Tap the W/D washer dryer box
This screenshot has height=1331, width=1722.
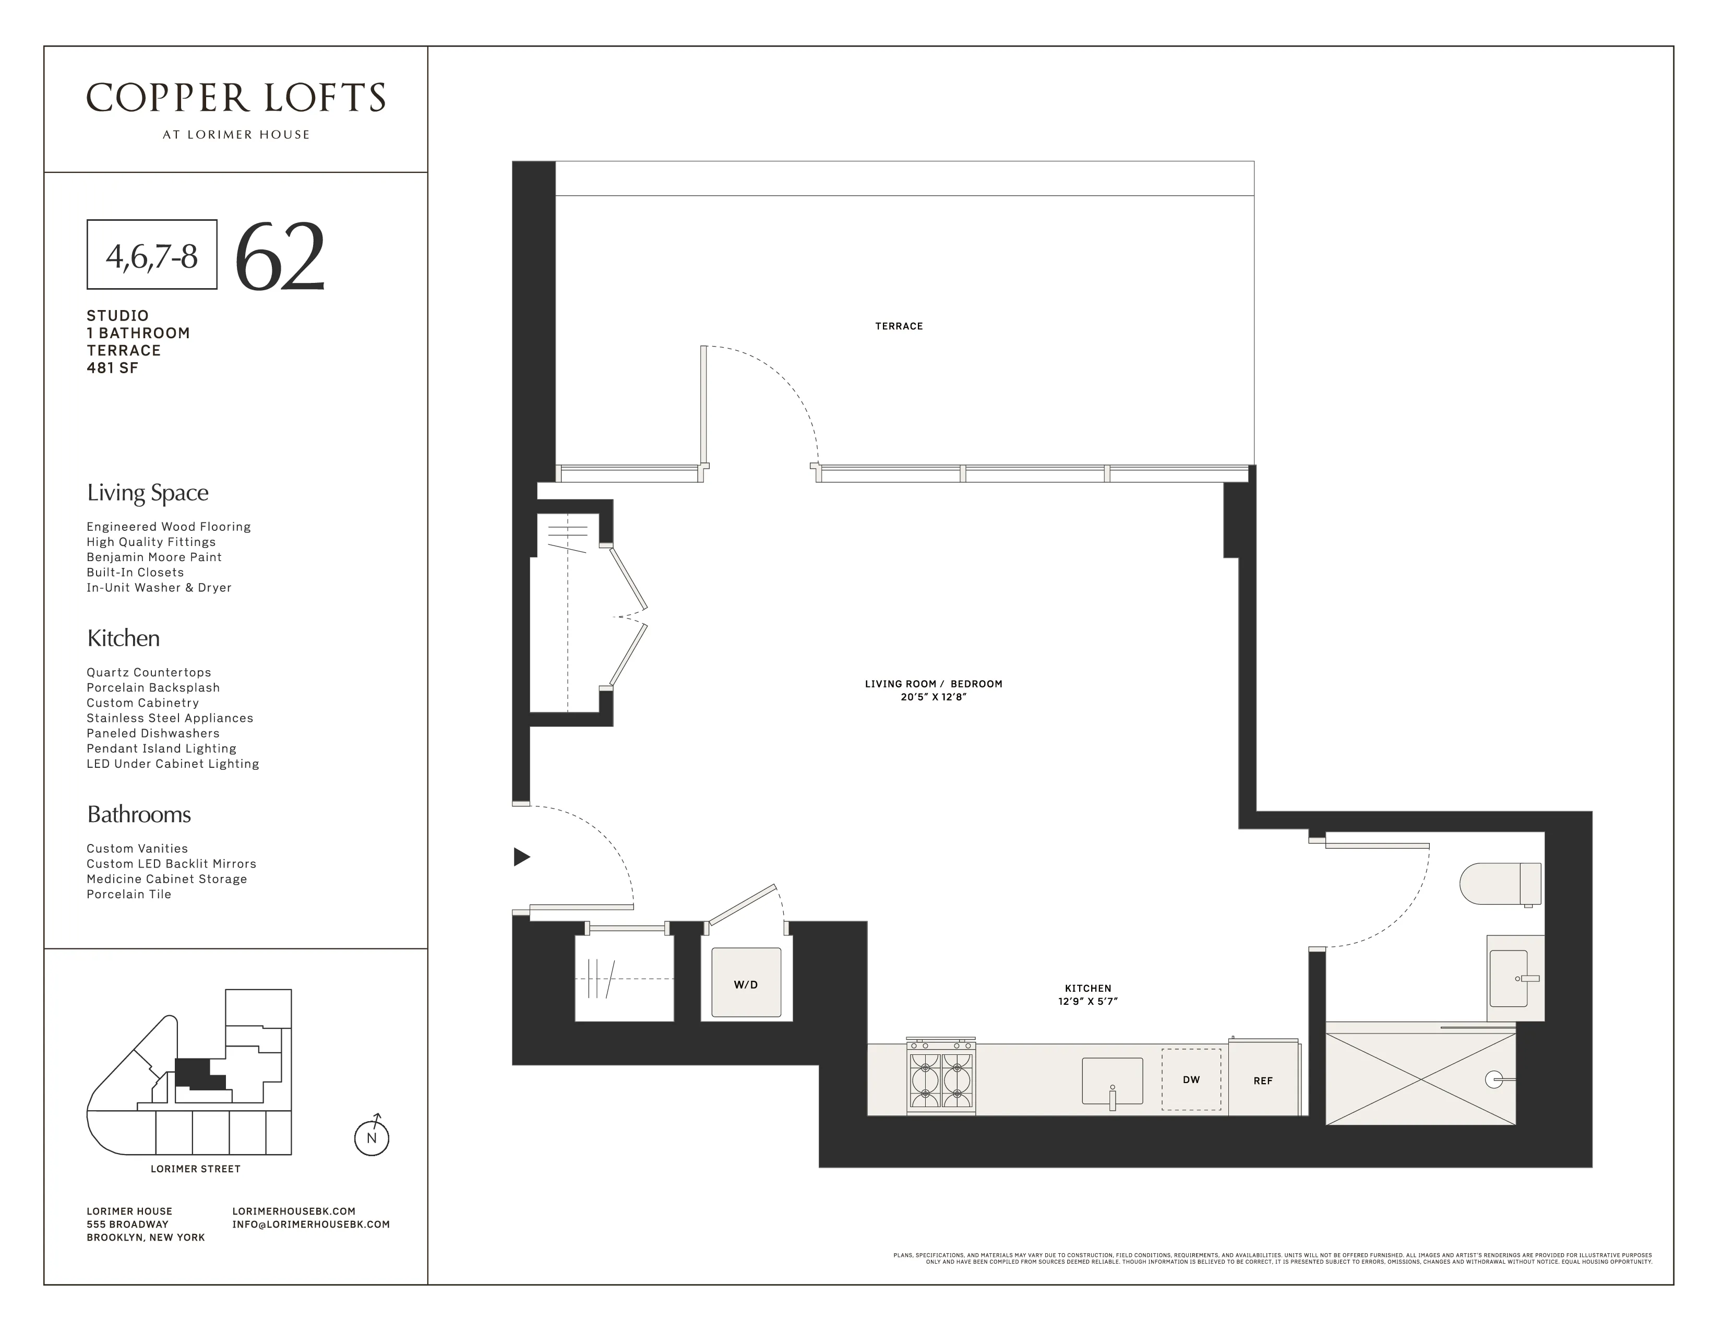tap(746, 983)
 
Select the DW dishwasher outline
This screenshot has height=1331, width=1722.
tap(1191, 1079)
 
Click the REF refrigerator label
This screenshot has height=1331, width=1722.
tap(1262, 1081)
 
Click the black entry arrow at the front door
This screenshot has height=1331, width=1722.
tap(521, 857)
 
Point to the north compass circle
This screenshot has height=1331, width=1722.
tap(372, 1138)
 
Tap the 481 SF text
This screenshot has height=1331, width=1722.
tap(113, 367)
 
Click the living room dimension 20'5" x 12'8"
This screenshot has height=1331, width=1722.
tap(934, 697)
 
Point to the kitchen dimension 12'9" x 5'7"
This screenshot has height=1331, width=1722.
tap(1087, 1002)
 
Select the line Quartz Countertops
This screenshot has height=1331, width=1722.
tap(149, 673)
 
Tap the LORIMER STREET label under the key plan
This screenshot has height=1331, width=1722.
tap(196, 1169)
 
